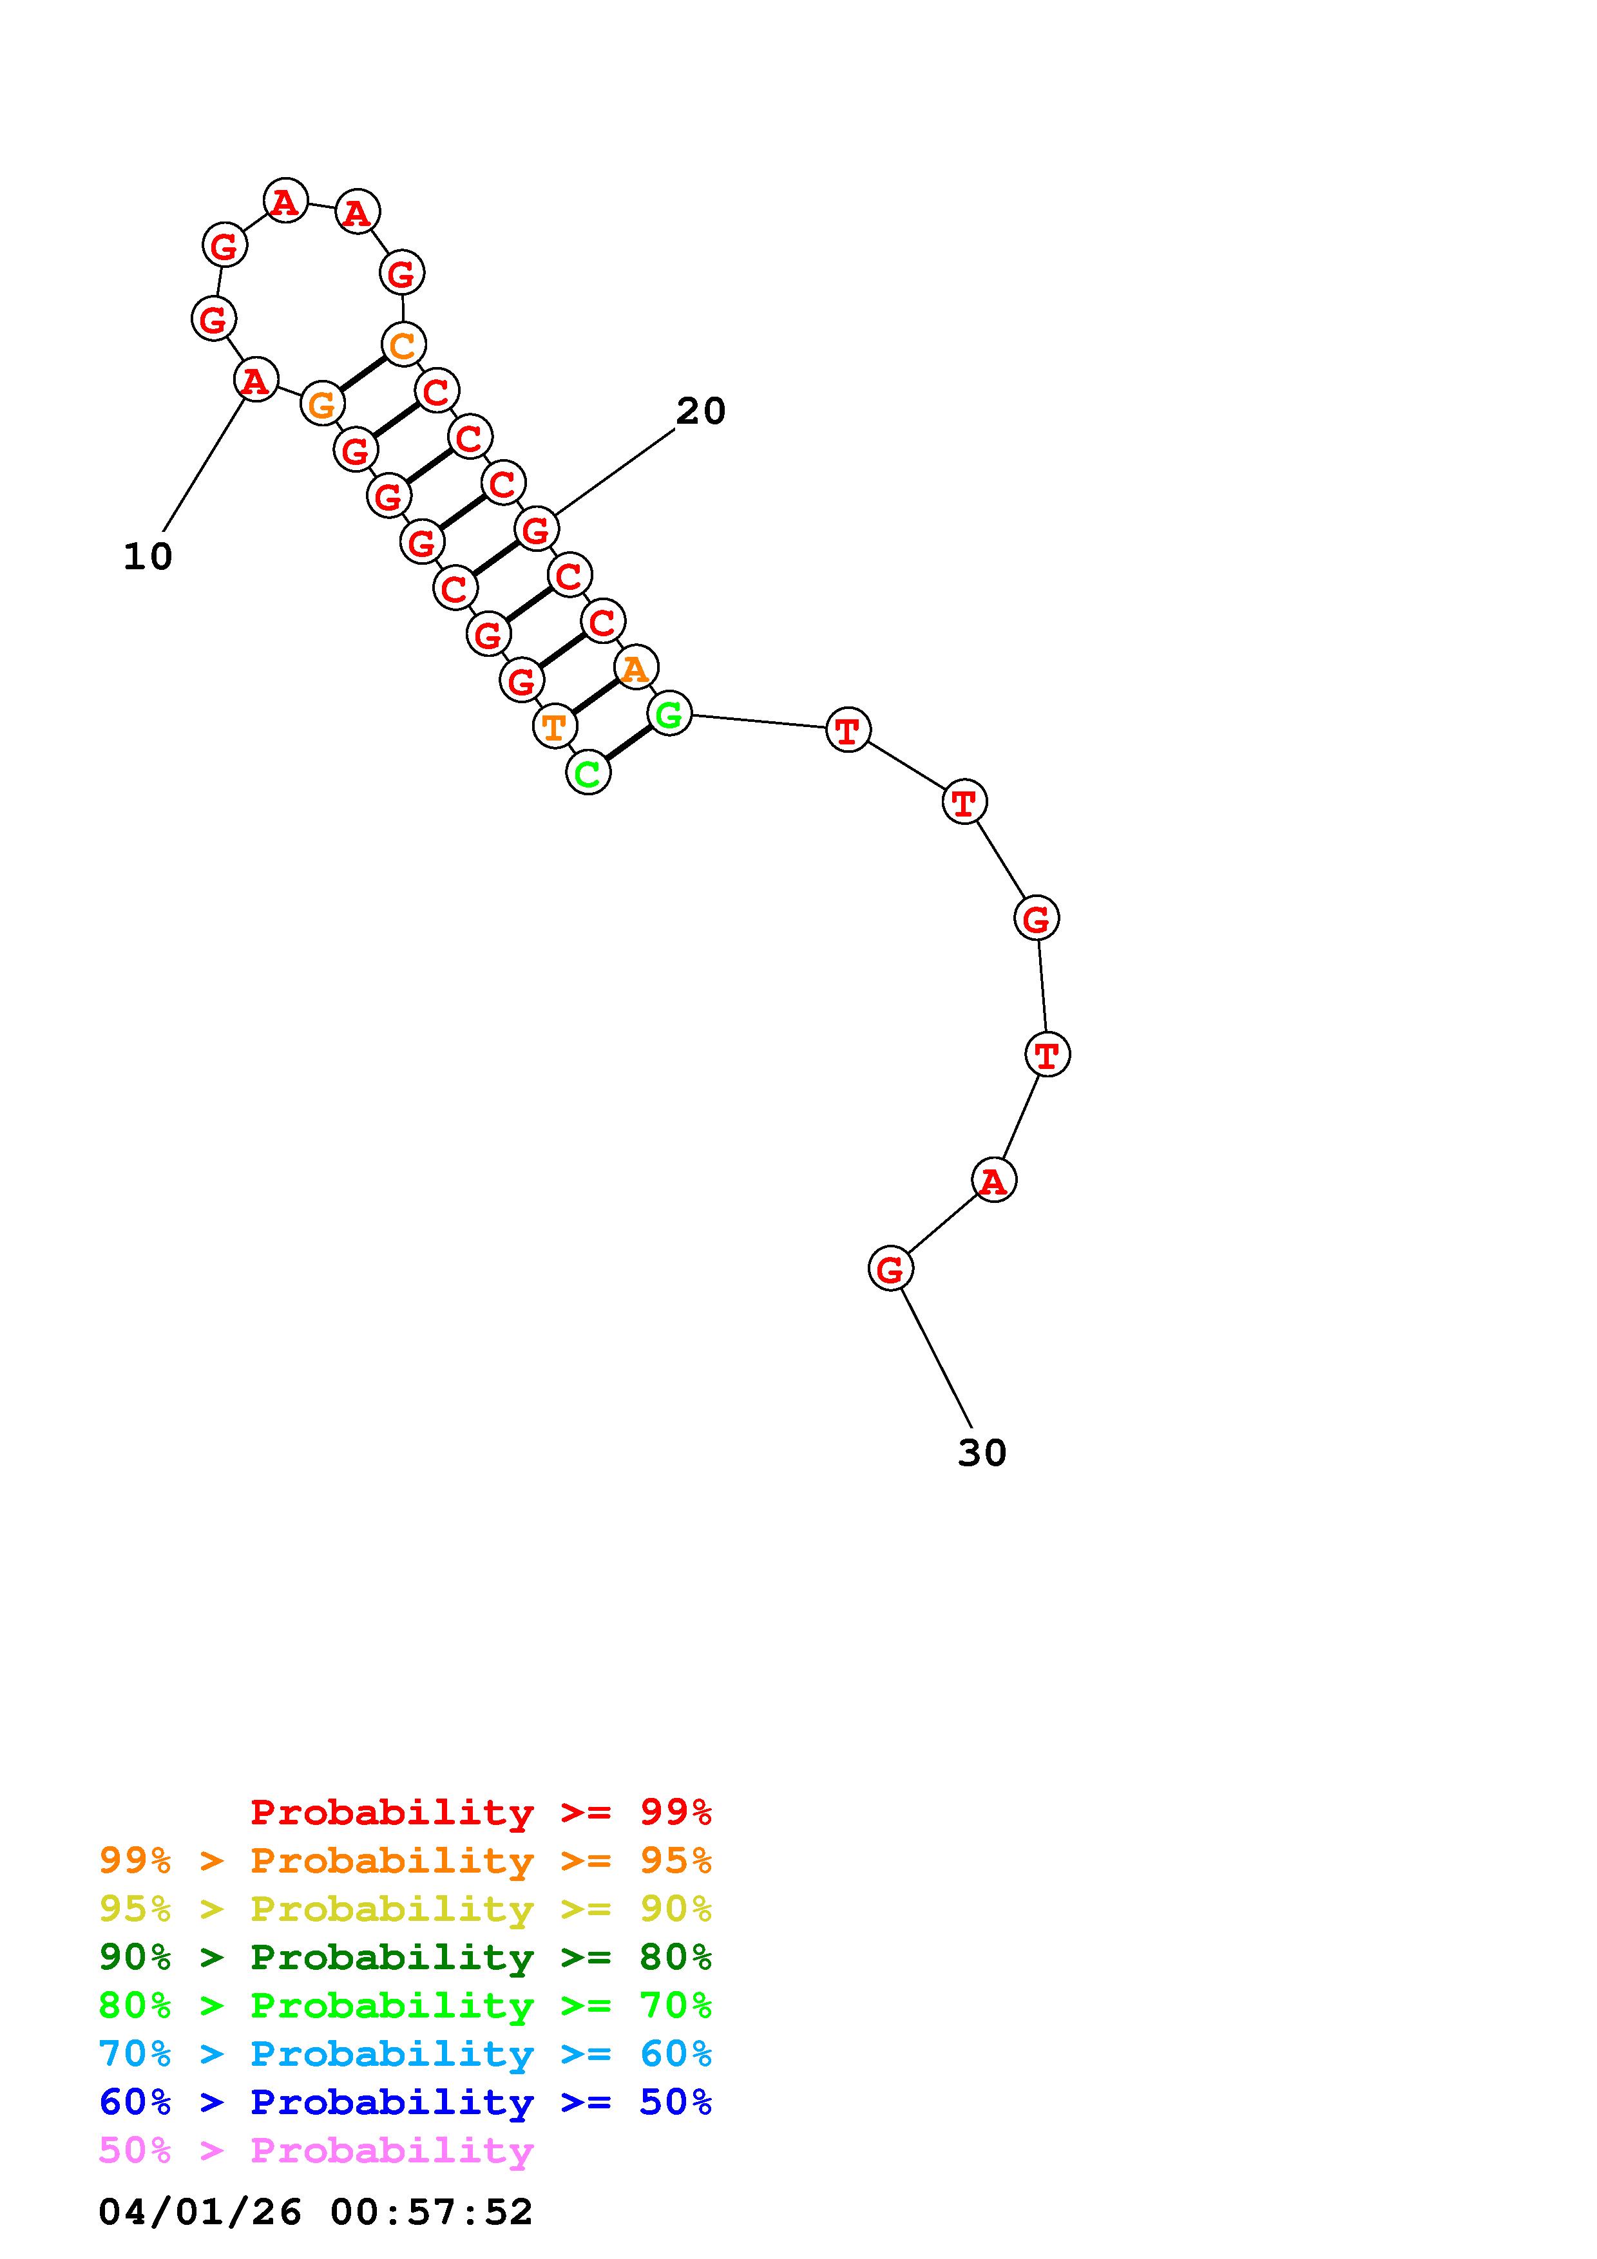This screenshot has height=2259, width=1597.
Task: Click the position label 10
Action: [148, 557]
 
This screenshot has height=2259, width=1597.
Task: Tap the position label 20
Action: [701, 411]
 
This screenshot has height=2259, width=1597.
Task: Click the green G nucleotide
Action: [669, 714]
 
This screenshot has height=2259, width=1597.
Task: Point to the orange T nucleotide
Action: [555, 727]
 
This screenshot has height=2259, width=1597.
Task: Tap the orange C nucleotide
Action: [403, 345]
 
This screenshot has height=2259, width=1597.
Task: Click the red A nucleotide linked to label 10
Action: [256, 380]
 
